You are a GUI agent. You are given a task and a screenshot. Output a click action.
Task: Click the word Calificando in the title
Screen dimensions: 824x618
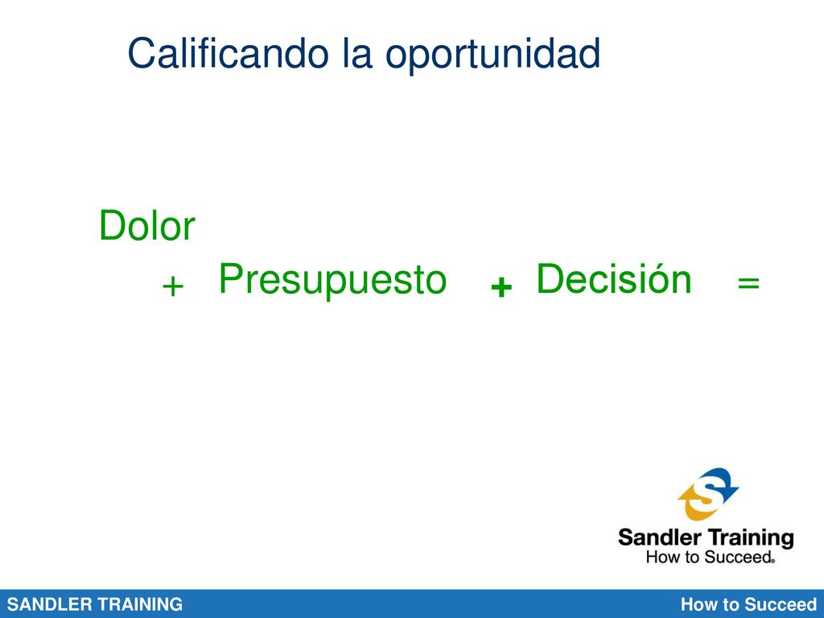pyautogui.click(x=228, y=52)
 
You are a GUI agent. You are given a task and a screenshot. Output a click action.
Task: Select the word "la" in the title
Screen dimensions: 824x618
pyautogui.click(x=357, y=52)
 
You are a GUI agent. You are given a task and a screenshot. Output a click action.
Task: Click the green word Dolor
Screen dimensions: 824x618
pyautogui.click(x=147, y=225)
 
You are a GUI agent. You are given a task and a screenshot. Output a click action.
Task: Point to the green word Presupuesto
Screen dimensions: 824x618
pyautogui.click(x=332, y=281)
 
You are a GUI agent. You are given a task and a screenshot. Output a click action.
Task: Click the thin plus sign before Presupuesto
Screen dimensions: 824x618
pyautogui.click(x=172, y=287)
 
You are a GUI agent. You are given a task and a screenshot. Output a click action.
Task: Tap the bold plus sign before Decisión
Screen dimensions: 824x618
pyautogui.click(x=501, y=287)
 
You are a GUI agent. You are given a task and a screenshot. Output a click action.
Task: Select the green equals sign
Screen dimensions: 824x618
pyautogui.click(x=748, y=282)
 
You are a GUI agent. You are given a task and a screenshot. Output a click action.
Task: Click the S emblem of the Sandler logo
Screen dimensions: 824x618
pyautogui.click(x=709, y=494)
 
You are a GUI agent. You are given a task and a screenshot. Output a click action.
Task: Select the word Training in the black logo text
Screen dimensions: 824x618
pyautogui.click(x=750, y=539)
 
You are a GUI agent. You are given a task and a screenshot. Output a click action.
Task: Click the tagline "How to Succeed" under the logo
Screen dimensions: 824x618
pyautogui.click(x=710, y=557)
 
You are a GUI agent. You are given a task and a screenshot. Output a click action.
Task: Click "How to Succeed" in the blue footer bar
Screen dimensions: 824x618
pyautogui.click(x=748, y=604)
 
